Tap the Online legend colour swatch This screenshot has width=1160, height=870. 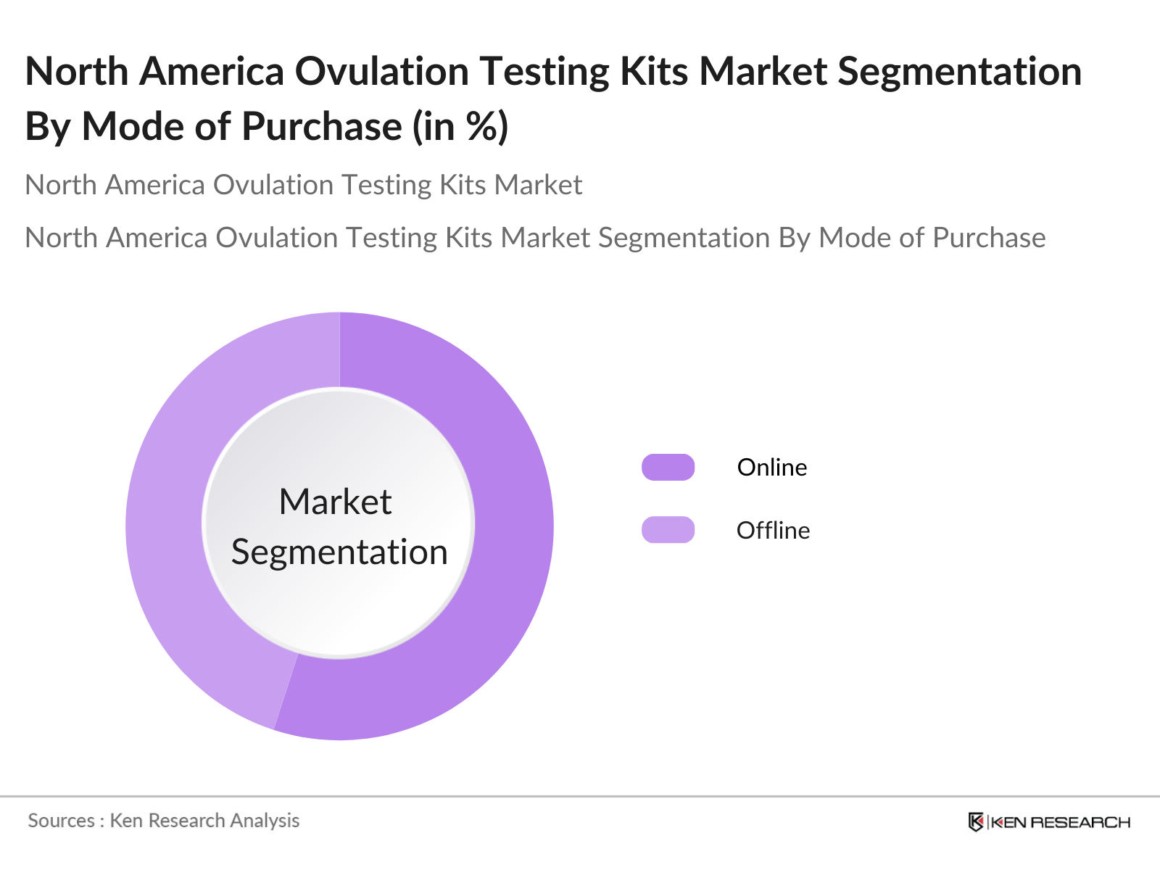click(668, 468)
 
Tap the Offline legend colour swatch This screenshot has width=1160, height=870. click(668, 530)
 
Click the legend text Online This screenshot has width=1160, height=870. click(771, 468)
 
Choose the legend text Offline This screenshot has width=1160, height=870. click(773, 531)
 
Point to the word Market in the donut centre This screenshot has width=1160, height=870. click(336, 502)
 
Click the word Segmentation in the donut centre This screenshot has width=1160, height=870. click(339, 552)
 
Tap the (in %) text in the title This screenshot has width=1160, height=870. click(460, 127)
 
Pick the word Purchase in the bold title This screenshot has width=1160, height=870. click(321, 127)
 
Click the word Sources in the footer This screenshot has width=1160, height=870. click(62, 821)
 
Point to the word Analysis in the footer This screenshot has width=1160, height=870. click(265, 821)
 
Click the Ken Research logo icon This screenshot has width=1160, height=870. click(976, 822)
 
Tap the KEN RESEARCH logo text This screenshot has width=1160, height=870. click(1060, 822)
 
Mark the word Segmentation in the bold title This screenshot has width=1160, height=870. click(959, 72)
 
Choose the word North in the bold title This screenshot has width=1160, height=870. click(77, 72)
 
